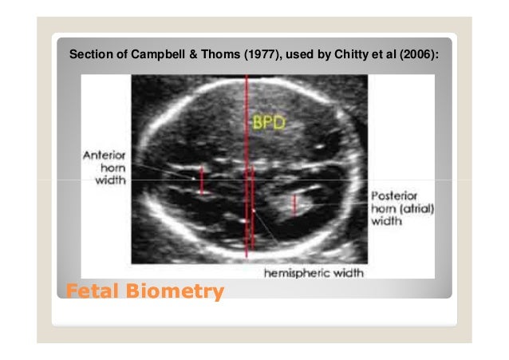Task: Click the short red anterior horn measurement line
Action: pyautogui.click(x=202, y=180)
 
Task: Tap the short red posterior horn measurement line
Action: pyautogui.click(x=294, y=205)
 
